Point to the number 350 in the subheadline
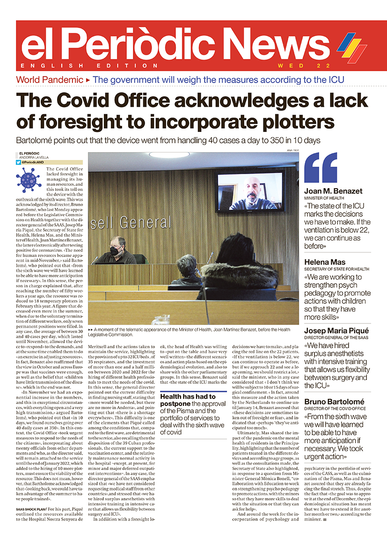[x=288, y=140]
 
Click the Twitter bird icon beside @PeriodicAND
[x=18, y=162]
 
